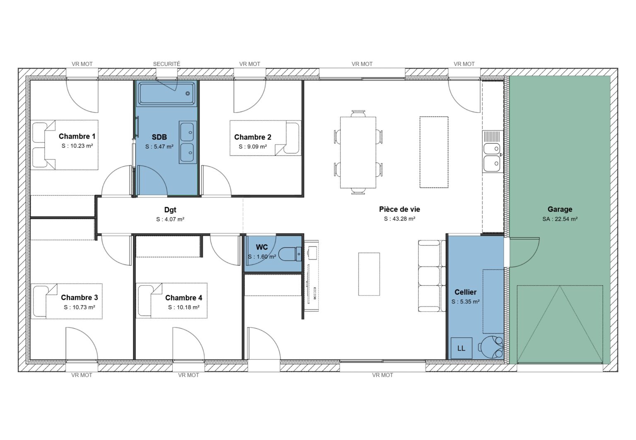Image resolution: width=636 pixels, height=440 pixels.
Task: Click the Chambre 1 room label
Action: point(77,136)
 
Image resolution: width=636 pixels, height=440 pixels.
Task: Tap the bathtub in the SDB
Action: point(166,93)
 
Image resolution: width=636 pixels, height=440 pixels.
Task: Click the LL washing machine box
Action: point(461,348)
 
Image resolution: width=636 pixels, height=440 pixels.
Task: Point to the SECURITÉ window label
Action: point(166,64)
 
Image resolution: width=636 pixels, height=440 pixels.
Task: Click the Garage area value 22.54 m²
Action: point(560,219)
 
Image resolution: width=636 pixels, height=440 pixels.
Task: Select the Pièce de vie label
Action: point(399,209)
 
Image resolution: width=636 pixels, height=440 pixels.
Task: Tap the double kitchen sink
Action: point(492,157)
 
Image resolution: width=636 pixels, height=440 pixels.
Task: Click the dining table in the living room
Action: point(358,152)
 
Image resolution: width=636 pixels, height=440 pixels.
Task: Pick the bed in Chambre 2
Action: point(265,138)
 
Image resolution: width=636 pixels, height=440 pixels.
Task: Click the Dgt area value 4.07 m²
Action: point(170,219)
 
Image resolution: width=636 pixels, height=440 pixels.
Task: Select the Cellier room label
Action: point(465,292)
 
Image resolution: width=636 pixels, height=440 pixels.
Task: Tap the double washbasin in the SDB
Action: point(188,142)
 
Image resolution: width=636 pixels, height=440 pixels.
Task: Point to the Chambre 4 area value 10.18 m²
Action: point(183,307)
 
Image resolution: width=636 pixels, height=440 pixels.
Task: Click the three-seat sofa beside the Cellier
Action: point(431,276)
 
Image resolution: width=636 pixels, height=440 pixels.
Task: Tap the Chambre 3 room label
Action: point(79,297)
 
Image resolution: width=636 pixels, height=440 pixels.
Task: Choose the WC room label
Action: point(262,247)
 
